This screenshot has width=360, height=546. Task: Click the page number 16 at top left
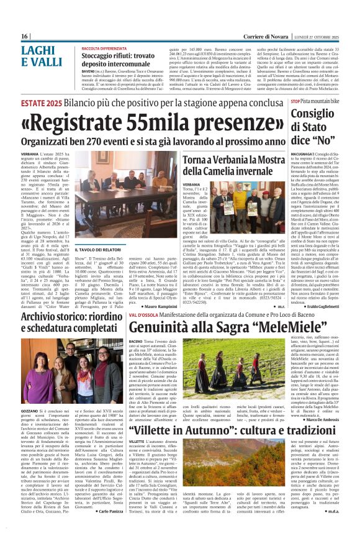(x=24, y=37)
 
